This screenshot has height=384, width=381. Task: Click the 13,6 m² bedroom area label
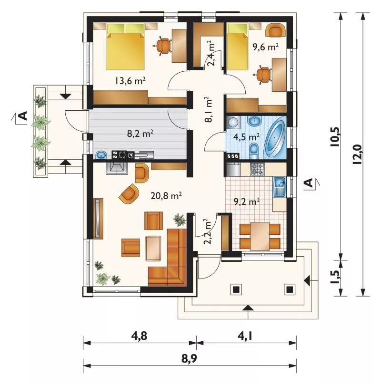[130, 80]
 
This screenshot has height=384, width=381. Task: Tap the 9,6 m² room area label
[265, 46]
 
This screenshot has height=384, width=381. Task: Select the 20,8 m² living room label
[166, 195]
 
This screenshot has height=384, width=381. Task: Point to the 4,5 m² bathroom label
[246, 137]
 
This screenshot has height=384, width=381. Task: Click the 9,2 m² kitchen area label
[247, 202]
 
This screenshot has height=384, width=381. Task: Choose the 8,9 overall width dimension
[189, 359]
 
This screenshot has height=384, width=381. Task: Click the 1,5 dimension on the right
[336, 277]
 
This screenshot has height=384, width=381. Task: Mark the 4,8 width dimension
[139, 336]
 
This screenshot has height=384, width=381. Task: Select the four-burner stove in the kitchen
[257, 169]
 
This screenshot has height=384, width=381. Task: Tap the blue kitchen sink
[280, 186]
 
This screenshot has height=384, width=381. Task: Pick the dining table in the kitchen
[260, 236]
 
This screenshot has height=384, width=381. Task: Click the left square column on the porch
[236, 290]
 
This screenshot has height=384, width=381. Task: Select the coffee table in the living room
[153, 248]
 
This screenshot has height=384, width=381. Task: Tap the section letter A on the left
[23, 115]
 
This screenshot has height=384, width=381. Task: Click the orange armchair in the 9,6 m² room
[275, 30]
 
